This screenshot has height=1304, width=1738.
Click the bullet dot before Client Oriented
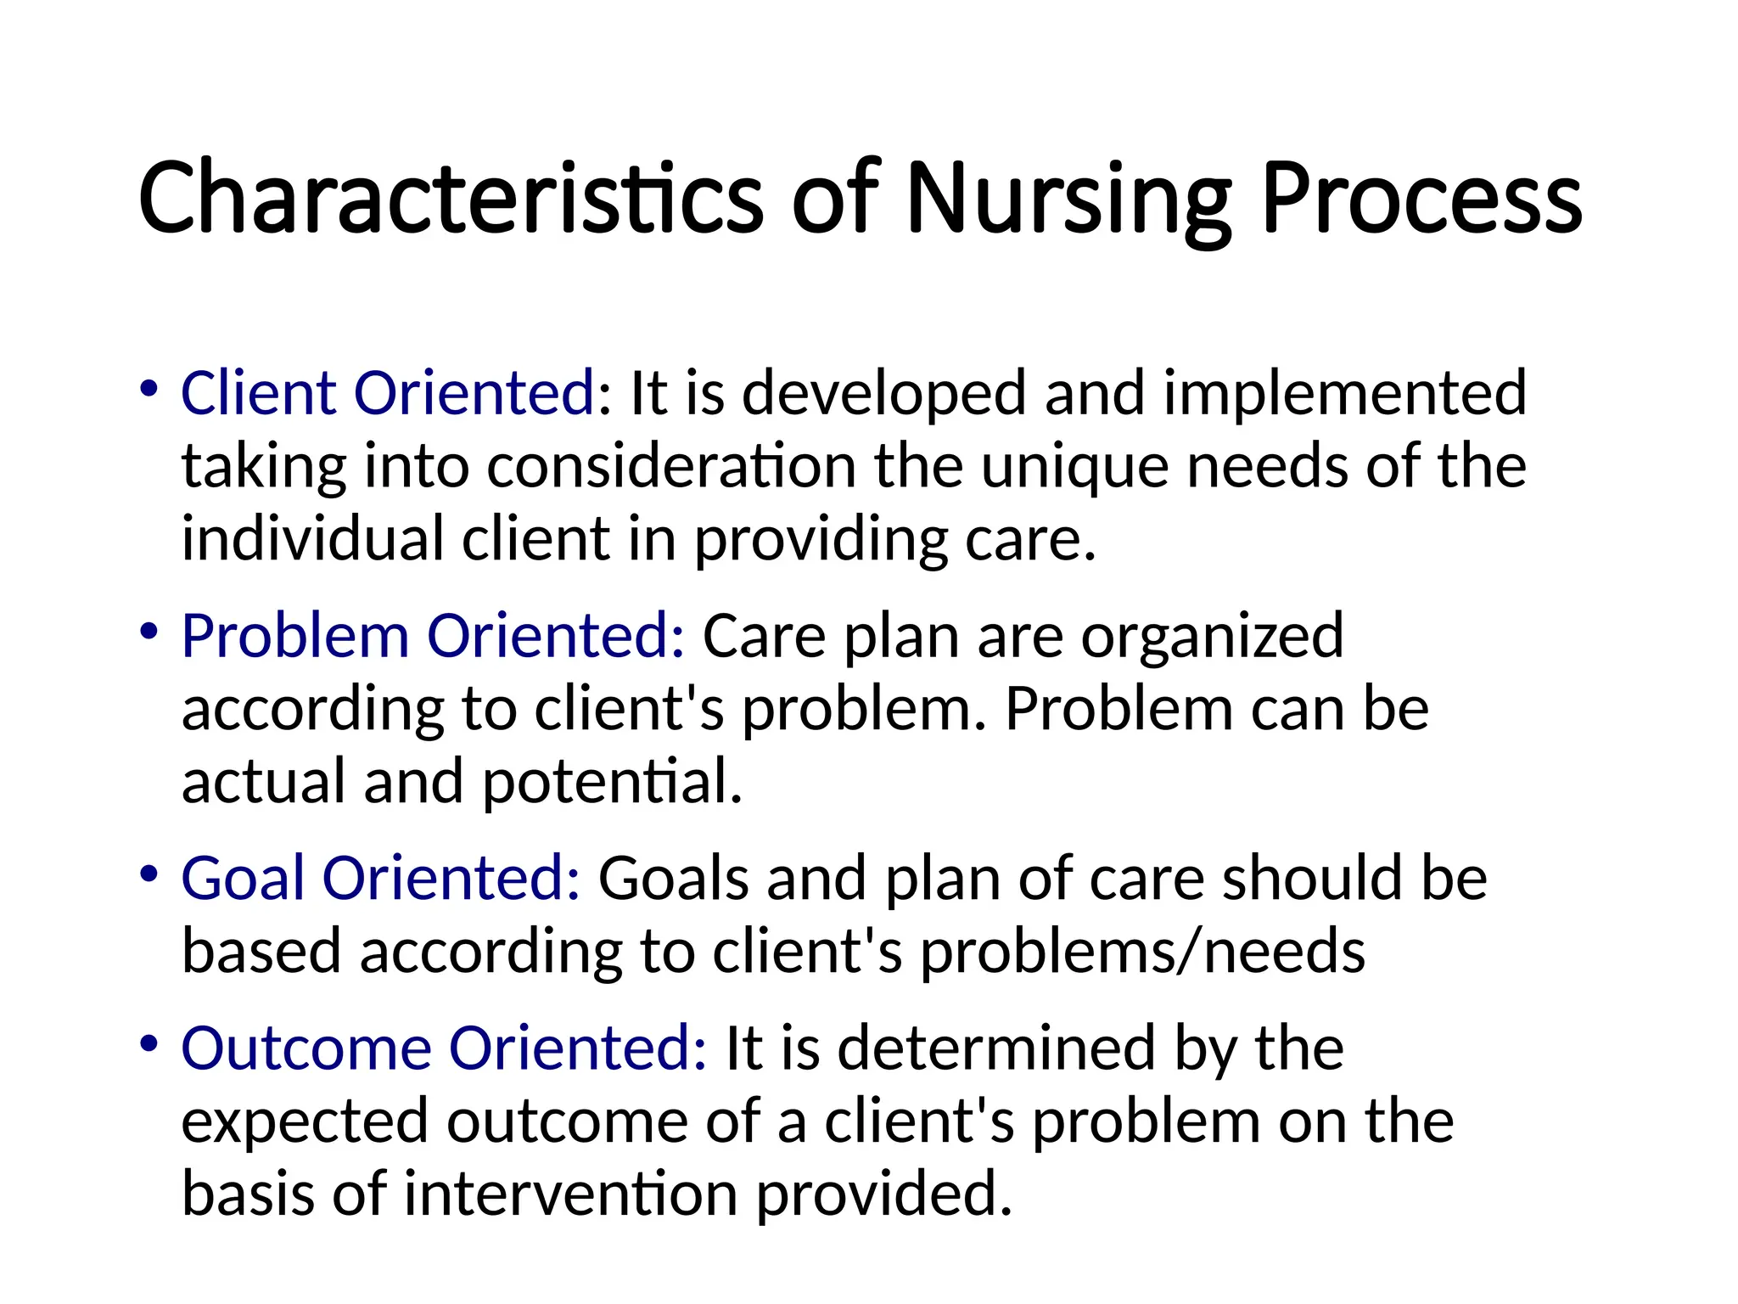(149, 390)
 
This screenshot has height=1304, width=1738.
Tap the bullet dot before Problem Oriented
(149, 632)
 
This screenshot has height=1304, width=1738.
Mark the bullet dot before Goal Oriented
(149, 874)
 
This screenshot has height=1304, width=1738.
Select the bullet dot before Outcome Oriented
(149, 1044)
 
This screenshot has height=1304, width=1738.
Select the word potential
(612, 782)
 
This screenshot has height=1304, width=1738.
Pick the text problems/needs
(1142, 952)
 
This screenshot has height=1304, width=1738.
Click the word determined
(997, 1048)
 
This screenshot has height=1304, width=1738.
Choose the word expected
(305, 1121)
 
